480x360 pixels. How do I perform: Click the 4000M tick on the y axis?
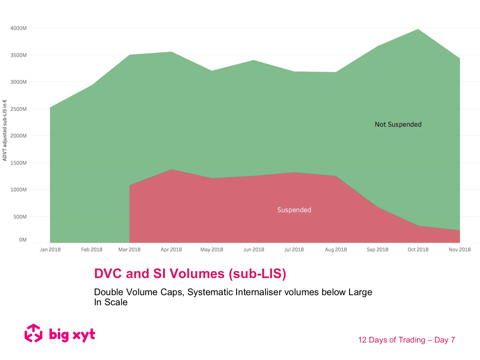pyautogui.click(x=18, y=28)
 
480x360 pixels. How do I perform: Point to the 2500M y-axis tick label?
pyautogui.click(x=18, y=109)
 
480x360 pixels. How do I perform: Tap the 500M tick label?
pyautogui.click(x=20, y=217)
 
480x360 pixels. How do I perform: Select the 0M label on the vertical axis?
pyautogui.click(x=23, y=240)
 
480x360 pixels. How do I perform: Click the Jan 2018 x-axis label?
pyautogui.click(x=50, y=250)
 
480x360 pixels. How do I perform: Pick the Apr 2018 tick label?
pyautogui.click(x=171, y=250)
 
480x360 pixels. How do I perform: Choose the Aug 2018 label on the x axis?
pyautogui.click(x=336, y=250)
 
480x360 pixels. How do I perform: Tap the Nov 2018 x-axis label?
pyautogui.click(x=460, y=250)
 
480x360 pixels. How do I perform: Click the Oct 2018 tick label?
pyautogui.click(x=418, y=250)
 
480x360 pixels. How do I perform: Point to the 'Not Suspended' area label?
pyautogui.click(x=398, y=124)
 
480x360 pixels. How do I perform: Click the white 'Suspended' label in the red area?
pyautogui.click(x=294, y=210)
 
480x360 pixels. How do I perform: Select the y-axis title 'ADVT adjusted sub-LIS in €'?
pyautogui.click(x=5, y=130)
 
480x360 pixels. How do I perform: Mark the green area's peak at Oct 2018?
pyautogui.click(x=418, y=30)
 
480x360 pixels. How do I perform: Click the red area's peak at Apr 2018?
pyautogui.click(x=171, y=170)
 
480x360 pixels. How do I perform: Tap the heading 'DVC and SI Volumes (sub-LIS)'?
pyautogui.click(x=190, y=273)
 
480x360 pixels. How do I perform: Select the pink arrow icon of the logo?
pyautogui.click(x=34, y=333)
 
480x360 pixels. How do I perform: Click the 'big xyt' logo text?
pyautogui.click(x=72, y=335)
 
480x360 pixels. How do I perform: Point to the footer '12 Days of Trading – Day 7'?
pyautogui.click(x=406, y=340)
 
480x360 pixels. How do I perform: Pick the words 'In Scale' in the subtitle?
pyautogui.click(x=111, y=302)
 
